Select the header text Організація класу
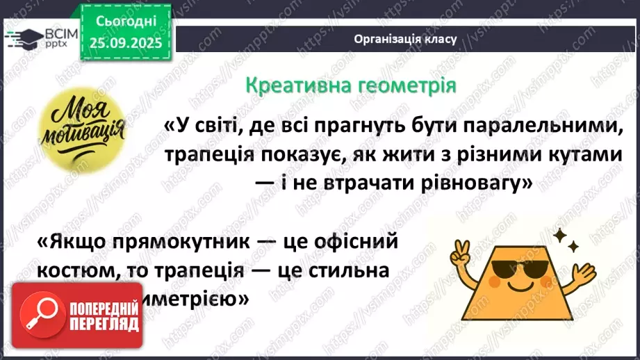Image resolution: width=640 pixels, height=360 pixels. pyautogui.click(x=405, y=39)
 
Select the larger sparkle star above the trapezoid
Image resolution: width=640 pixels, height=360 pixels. pyautogui.click(x=560, y=238)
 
